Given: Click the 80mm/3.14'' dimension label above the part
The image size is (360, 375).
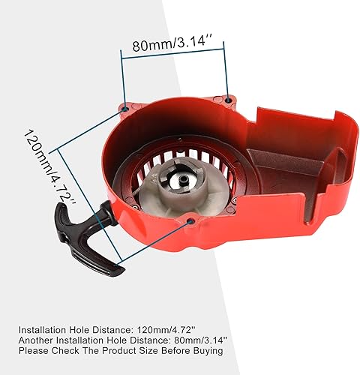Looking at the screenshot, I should (x=173, y=44).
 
